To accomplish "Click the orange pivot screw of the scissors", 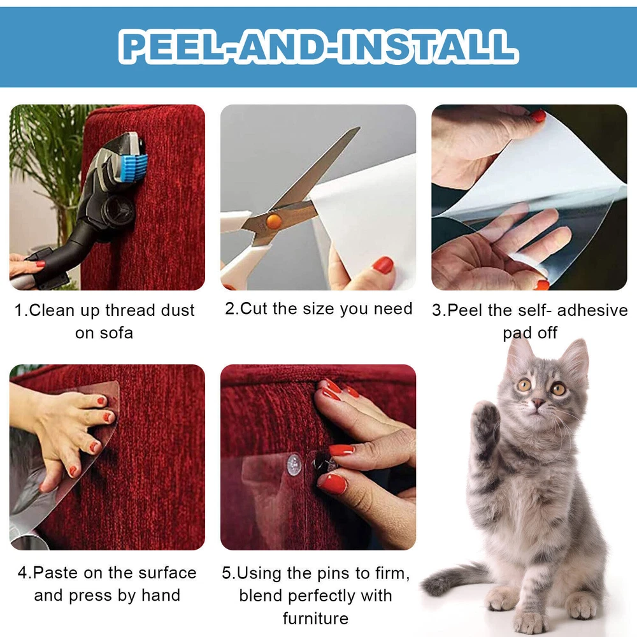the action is pos(273,221).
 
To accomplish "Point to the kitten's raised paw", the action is pos(486,422).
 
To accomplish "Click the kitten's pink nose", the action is pos(538,403).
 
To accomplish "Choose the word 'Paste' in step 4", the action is pos(57,573).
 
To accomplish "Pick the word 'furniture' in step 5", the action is pos(316,619).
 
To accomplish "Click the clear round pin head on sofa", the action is pos(294,465).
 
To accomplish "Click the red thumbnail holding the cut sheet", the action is pos(383,265).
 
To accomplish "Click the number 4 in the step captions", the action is pos(22,573).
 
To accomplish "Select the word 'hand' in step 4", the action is pos(161,595).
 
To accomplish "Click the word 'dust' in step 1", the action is pos(178,310).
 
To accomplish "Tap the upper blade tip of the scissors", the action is pos(359,128).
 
